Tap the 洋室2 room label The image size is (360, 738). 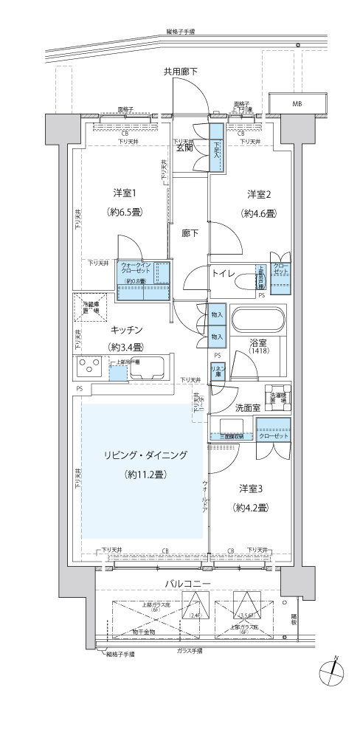tap(260, 195)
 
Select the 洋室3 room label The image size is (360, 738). tap(251, 489)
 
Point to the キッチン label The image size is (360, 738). tap(126, 329)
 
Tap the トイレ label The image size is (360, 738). tap(224, 274)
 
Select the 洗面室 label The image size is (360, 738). tap(247, 407)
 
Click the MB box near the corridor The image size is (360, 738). tap(297, 104)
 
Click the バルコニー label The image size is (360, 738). tap(188, 584)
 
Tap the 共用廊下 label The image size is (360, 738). tap(181, 71)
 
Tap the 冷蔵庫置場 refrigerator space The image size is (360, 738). tap(90, 306)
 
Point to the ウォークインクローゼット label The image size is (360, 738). tap(136, 268)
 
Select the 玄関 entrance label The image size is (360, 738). tap(184, 148)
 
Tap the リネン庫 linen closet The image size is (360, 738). tap(217, 370)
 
